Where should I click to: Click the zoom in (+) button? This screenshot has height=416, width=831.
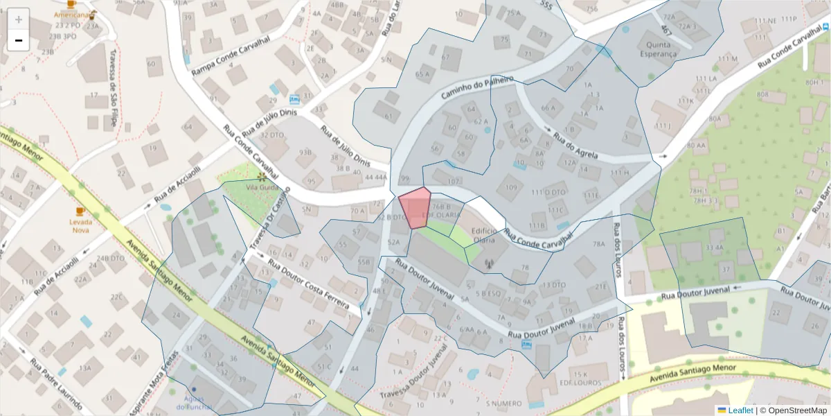(x=18, y=19)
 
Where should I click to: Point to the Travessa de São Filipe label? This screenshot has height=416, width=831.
(x=111, y=98)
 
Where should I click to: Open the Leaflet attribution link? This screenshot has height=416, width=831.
(x=740, y=410)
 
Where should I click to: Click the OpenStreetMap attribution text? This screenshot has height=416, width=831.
(x=796, y=410)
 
